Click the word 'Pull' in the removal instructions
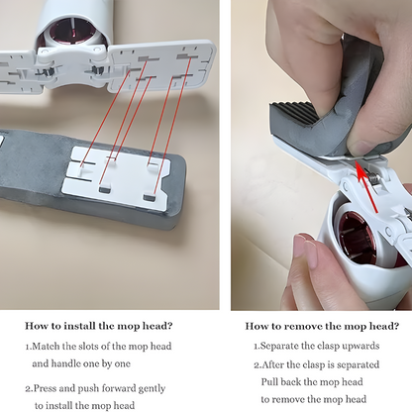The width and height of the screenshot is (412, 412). (268, 382)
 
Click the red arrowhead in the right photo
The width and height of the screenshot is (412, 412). (360, 167)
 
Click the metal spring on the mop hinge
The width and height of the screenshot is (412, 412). (374, 178)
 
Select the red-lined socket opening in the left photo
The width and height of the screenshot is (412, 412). (72, 32)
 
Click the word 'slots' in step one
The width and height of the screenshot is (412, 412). (88, 347)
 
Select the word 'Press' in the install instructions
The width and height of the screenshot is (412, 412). (45, 388)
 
